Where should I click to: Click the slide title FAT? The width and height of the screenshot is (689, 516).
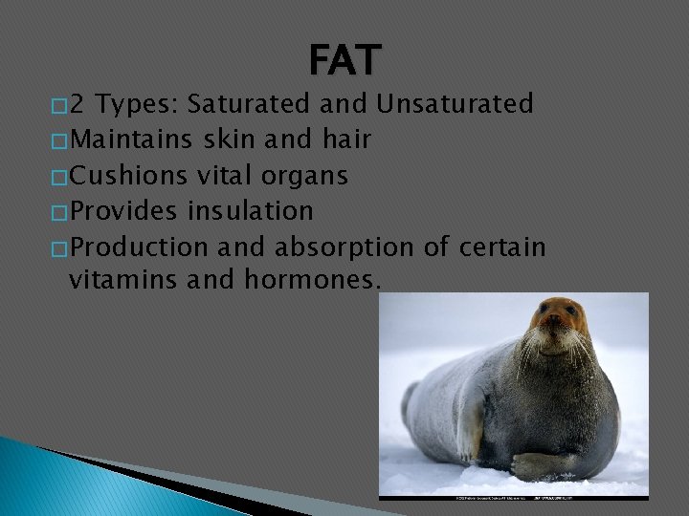pyautogui.click(x=344, y=61)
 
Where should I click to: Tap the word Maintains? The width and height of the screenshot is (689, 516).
pyautogui.click(x=132, y=140)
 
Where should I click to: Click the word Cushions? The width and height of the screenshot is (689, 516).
pyautogui.click(x=129, y=176)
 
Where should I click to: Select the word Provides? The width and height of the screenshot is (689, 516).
pyautogui.click(x=124, y=211)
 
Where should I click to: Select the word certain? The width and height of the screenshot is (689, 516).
pyautogui.click(x=501, y=247)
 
